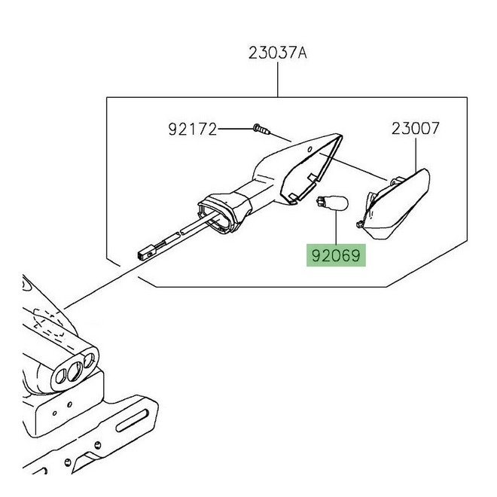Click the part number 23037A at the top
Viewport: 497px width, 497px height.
coord(276,54)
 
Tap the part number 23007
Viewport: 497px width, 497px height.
coord(416,129)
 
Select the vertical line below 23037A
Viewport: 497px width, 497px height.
coord(276,79)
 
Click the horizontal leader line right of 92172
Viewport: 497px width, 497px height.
coord(234,130)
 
